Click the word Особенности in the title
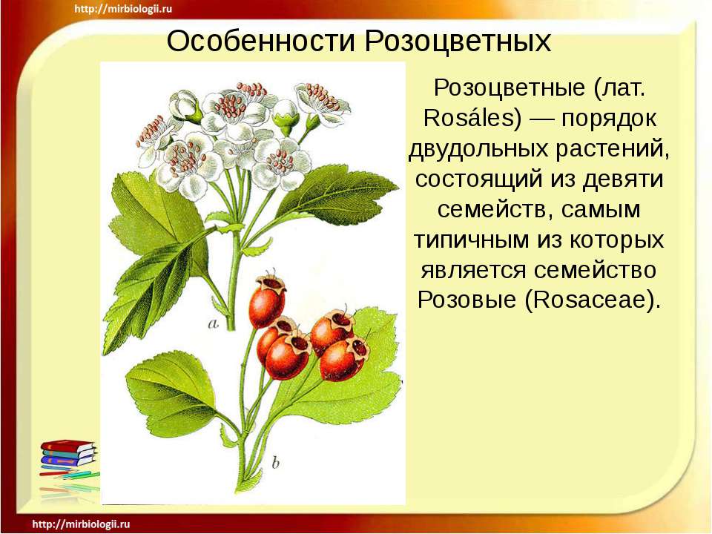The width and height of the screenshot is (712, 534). point(251,42)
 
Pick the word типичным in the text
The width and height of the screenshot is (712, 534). point(473,240)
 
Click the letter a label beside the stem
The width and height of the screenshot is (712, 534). point(214,323)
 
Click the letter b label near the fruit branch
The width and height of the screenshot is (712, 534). point(274,464)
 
